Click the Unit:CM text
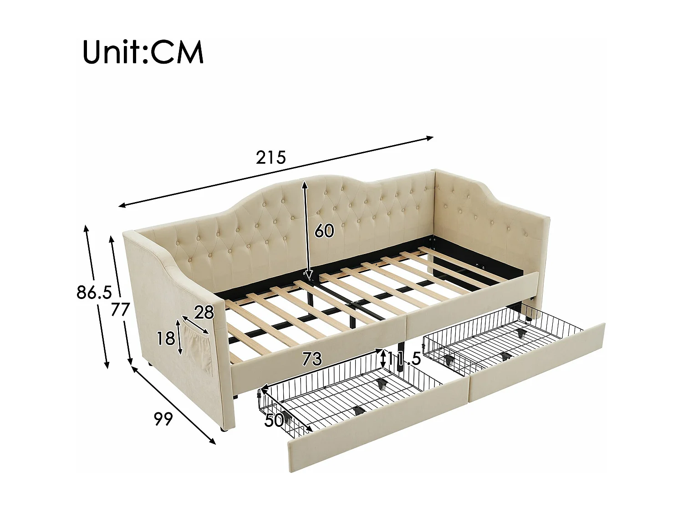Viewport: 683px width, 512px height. tap(143, 52)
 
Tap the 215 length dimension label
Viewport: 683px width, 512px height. tap(271, 157)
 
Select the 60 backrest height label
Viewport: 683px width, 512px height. tap(324, 231)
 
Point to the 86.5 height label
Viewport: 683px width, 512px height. tap(94, 293)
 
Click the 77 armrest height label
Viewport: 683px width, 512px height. tap(121, 309)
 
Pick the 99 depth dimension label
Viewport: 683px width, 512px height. tap(163, 419)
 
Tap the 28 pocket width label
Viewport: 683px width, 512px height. tap(204, 312)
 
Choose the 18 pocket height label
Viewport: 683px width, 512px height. tap(166, 339)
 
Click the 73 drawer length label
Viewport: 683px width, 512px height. tap(312, 359)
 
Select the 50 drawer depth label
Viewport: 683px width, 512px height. tap(274, 421)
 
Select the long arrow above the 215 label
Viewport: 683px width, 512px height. tap(275, 171)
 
